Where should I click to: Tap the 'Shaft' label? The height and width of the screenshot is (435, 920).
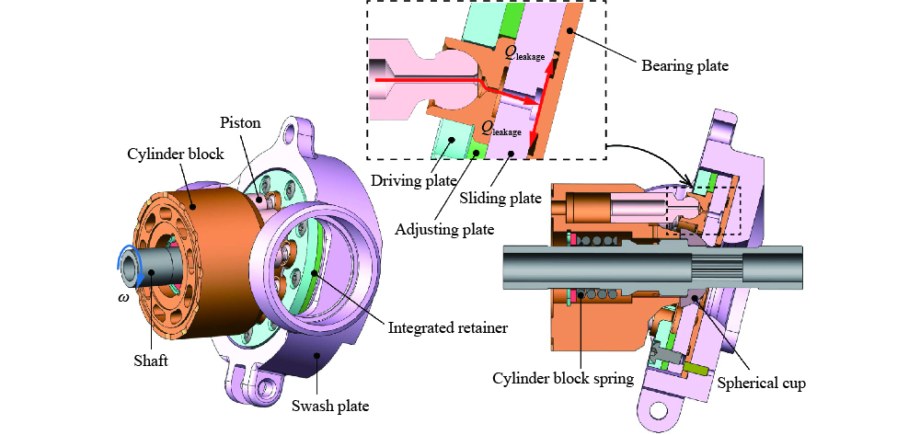pyautogui.click(x=149, y=361)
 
